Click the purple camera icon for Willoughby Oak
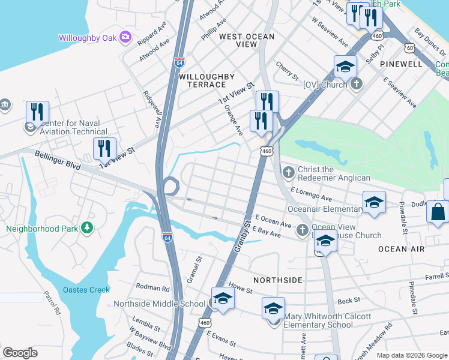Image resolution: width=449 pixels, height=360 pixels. coord(125,37)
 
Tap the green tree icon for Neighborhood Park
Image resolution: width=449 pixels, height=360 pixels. coord(88,228)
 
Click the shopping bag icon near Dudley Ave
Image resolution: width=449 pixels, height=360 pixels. coord(438,212)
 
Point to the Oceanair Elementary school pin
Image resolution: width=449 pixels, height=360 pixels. coord(373,202)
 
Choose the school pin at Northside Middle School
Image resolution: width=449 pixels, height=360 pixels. coord(222,299)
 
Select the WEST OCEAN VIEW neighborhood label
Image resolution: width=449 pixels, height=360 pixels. coord(246,37)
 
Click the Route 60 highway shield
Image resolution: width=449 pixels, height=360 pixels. coord(409,47)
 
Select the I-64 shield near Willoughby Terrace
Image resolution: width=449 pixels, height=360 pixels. coord(179,62)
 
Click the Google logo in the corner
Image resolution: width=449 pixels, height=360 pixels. coord(20,353)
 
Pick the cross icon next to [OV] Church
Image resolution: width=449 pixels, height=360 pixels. coord(357,84)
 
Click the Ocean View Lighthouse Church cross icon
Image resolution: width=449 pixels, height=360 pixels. coord(302,229)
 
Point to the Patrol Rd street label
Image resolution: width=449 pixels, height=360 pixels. coord(52,303)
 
